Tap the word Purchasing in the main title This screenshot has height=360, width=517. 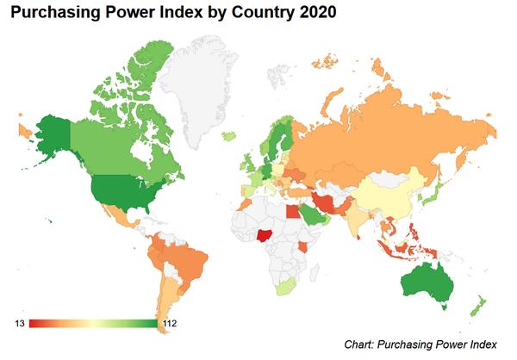tap(50, 14)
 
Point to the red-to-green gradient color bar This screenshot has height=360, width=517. tap(92, 324)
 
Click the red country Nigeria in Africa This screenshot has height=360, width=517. tap(265, 234)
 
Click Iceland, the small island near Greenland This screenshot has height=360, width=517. tap(231, 135)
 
